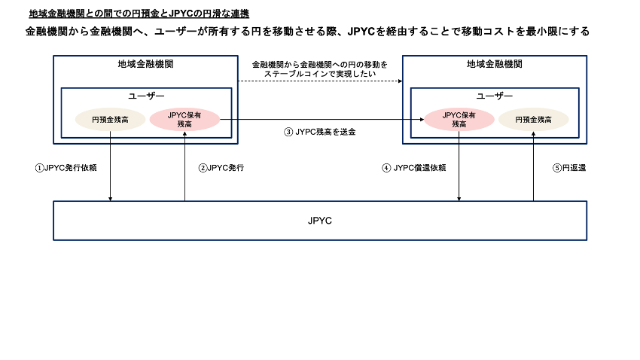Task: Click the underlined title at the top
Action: click(x=139, y=14)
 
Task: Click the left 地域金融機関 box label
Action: click(x=147, y=65)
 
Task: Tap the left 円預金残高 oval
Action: click(x=110, y=120)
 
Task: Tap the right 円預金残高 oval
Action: click(x=533, y=120)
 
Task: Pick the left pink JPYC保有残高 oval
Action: click(x=184, y=120)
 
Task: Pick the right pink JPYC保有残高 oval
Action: click(x=459, y=120)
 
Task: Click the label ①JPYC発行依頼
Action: click(x=66, y=168)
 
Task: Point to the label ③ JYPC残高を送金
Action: click(x=319, y=132)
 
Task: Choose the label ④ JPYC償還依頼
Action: click(x=414, y=168)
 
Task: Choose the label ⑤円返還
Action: click(x=569, y=168)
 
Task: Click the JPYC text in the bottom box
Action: click(x=320, y=221)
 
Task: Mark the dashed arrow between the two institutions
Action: click(x=320, y=81)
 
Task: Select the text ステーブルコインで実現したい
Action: click(x=320, y=74)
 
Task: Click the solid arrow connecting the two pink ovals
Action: click(x=320, y=120)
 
